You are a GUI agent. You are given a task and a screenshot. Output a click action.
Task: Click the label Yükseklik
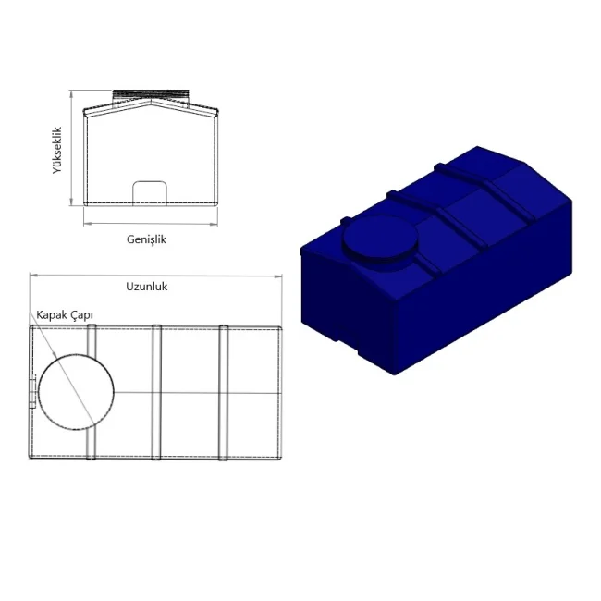[57, 150]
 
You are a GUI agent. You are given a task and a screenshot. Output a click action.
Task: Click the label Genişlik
[146, 240]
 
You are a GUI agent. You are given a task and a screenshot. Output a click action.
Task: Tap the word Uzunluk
[147, 287]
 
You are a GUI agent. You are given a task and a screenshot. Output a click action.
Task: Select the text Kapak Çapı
[65, 315]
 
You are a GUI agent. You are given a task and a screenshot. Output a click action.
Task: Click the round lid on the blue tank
[380, 238]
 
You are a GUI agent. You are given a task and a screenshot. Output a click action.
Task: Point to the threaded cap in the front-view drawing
[151, 95]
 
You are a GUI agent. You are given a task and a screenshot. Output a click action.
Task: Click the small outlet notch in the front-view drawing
[150, 181]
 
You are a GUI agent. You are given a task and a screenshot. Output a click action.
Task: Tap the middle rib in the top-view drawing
[156, 392]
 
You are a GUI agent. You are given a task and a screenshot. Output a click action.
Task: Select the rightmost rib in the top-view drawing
[224, 392]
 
